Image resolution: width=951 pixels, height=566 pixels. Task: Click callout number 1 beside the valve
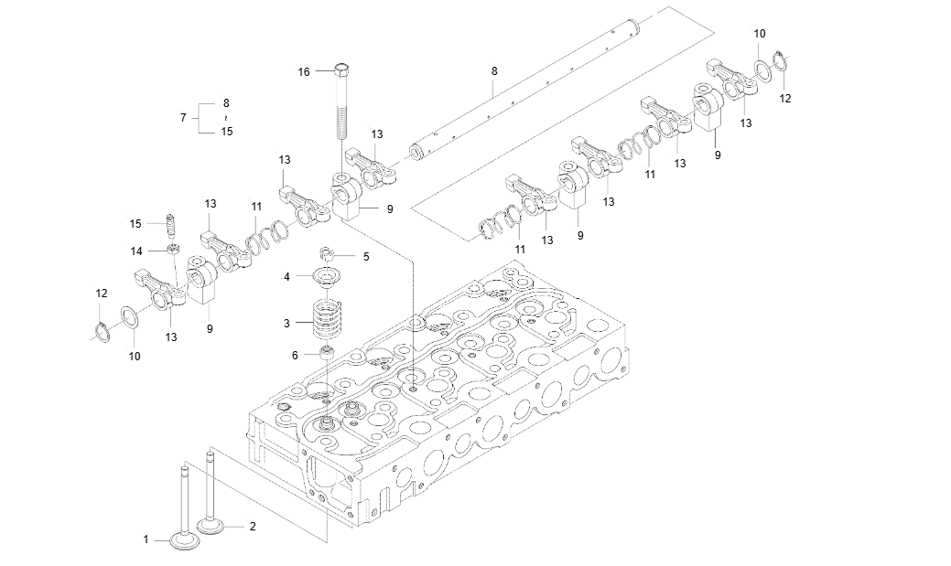click(146, 539)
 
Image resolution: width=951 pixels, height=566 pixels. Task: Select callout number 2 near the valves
click(253, 526)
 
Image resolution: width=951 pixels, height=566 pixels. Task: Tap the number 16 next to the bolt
click(305, 71)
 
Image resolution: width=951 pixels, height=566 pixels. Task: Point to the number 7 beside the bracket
click(183, 118)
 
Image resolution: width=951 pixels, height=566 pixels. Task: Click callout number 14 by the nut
click(135, 250)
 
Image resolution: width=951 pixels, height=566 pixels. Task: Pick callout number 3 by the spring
click(286, 323)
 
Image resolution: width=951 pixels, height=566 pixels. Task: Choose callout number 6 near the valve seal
click(295, 355)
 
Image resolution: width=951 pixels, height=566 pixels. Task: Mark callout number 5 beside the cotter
click(366, 257)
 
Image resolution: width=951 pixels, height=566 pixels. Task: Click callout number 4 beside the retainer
click(286, 276)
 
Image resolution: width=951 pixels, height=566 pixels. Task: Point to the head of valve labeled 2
click(212, 528)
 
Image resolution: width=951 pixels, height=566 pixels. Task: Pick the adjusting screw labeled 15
click(170, 224)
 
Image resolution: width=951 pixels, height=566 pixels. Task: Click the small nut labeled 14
click(171, 249)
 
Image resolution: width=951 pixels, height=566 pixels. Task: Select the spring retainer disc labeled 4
click(326, 276)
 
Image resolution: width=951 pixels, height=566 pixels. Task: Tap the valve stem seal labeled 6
click(326, 355)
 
